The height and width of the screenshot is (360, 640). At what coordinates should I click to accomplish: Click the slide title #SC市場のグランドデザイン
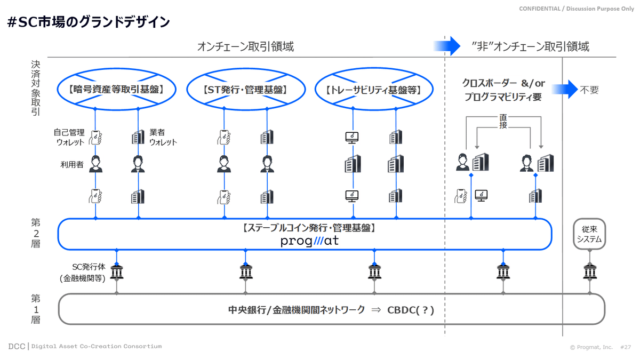click(x=89, y=22)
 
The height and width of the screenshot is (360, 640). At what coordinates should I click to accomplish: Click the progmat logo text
click(x=309, y=241)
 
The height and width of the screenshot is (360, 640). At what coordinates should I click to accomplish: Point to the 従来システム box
click(x=589, y=234)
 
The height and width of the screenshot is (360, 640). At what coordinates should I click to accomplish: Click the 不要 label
click(x=589, y=90)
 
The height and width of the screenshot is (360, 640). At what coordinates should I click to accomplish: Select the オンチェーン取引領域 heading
click(x=245, y=46)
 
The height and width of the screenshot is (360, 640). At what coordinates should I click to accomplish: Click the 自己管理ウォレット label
click(x=69, y=137)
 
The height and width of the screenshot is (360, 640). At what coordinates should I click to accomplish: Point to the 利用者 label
click(x=72, y=165)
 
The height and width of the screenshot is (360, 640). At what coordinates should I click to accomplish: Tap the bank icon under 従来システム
click(x=589, y=272)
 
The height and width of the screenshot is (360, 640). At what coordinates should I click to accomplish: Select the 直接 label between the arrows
click(x=503, y=121)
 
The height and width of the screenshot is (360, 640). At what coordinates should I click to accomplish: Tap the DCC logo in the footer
click(x=17, y=346)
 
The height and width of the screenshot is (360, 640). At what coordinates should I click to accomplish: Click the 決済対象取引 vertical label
click(x=35, y=88)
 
